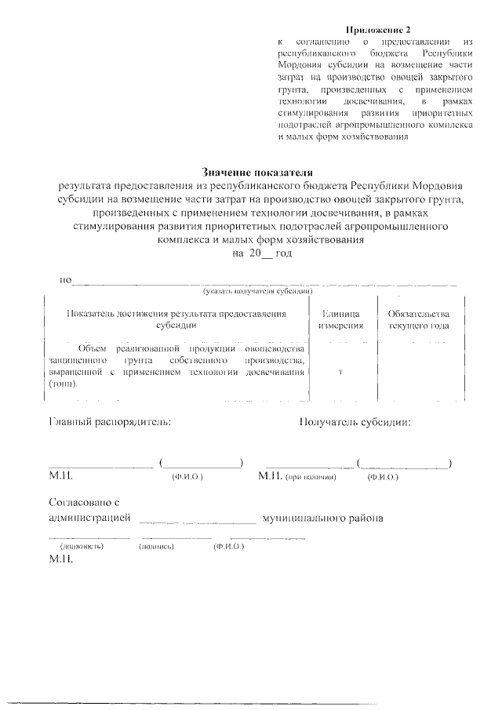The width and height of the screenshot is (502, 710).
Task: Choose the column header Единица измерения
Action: tap(340, 319)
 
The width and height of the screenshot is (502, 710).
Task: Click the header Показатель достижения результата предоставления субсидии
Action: tap(176, 319)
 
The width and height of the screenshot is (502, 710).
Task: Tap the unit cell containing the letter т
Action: tap(340, 372)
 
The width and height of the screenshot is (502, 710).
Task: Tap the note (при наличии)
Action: tap(311, 477)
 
